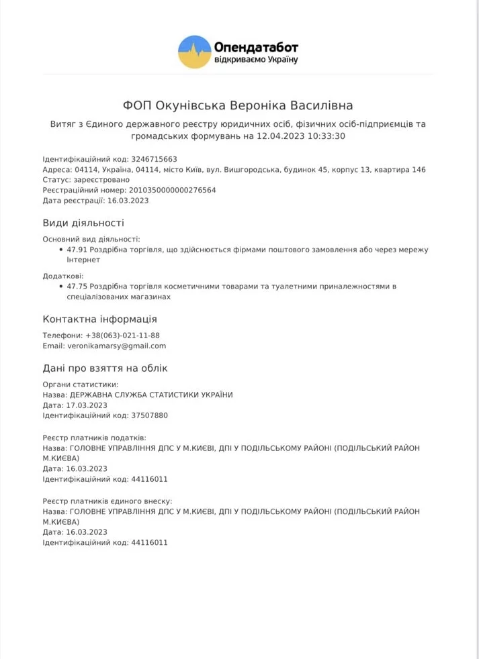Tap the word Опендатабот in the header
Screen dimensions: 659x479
click(256, 46)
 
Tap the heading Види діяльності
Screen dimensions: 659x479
click(83, 223)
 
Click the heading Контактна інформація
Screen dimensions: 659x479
click(100, 319)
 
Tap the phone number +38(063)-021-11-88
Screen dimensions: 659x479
click(122, 336)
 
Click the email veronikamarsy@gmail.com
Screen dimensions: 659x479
click(116, 346)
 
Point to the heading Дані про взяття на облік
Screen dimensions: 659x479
click(105, 368)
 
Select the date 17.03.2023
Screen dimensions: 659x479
click(86, 405)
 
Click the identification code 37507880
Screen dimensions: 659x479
click(150, 415)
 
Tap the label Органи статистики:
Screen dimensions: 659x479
click(80, 385)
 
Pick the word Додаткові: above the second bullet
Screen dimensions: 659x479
click(63, 275)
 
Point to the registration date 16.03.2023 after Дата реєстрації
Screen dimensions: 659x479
click(128, 200)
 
